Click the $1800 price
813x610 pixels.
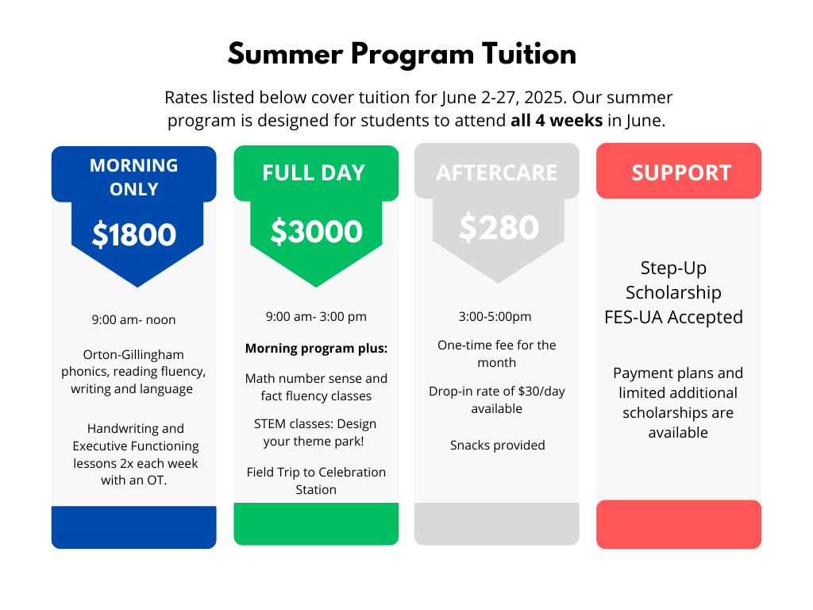[134, 234]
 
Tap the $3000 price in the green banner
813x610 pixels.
[316, 231]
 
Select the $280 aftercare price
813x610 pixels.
[499, 227]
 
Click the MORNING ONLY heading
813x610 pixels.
[133, 177]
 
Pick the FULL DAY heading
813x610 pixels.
[314, 172]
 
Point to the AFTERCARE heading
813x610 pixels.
[497, 172]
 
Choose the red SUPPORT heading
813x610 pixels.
[681, 172]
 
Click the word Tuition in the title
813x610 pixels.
[529, 54]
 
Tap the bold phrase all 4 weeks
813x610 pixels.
[557, 121]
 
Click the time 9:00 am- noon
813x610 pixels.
[133, 319]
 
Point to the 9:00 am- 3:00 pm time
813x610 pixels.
[316, 316]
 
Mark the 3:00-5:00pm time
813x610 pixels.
[495, 316]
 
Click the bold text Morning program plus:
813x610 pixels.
[316, 348]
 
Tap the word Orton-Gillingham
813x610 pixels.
[133, 355]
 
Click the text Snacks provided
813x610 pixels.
[498, 445]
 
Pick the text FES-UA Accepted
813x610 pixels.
[673, 317]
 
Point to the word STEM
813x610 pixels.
[270, 424]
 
